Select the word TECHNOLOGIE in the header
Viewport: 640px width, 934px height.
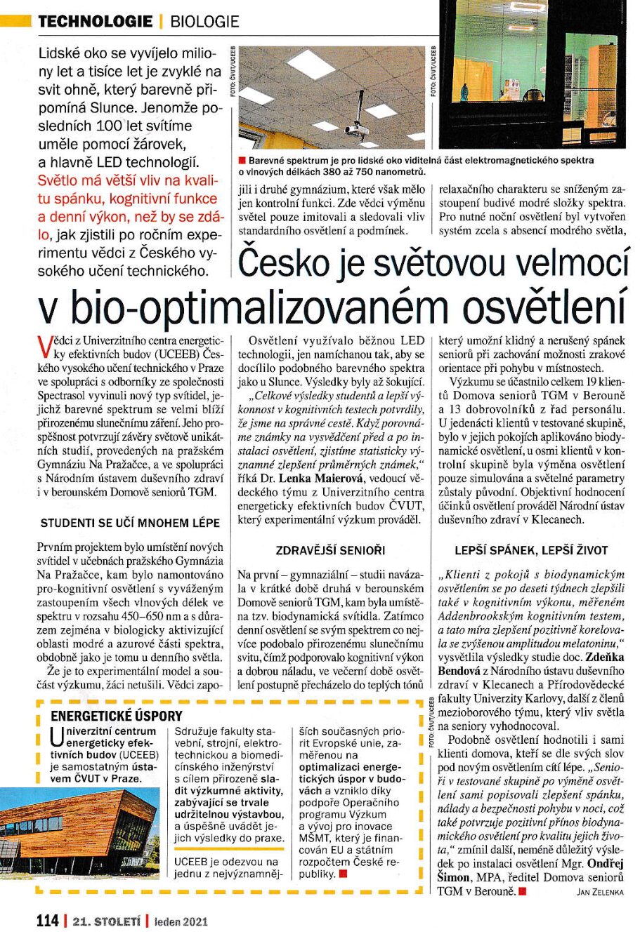coord(95,22)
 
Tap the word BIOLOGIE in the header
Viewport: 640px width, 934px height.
coord(204,22)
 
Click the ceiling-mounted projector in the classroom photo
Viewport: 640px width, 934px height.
coord(357,127)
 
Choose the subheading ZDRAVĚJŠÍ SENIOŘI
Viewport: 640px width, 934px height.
coord(331,550)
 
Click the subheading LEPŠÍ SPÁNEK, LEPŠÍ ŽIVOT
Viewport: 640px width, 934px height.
coord(530,550)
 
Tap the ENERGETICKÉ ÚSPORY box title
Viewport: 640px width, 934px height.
coord(117,716)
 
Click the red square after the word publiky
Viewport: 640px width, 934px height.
coord(343,874)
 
